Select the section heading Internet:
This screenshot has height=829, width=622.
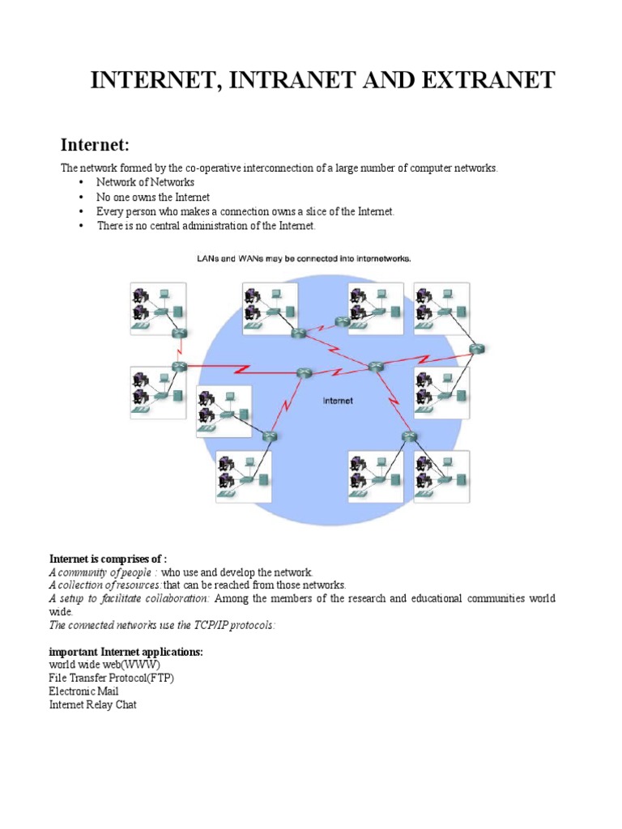tap(96, 146)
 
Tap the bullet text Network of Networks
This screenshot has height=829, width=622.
tap(145, 182)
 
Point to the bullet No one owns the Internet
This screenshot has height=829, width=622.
tap(153, 197)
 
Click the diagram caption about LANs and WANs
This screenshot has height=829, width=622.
tap(305, 258)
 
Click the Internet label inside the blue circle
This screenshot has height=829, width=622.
tap(338, 400)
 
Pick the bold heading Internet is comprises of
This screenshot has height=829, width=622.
tap(108, 559)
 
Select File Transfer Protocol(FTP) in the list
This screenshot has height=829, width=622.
tap(112, 678)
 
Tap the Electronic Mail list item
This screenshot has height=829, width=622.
tap(84, 691)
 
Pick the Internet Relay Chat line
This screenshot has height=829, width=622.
tap(93, 705)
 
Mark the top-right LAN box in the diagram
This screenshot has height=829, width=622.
tap(441, 308)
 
